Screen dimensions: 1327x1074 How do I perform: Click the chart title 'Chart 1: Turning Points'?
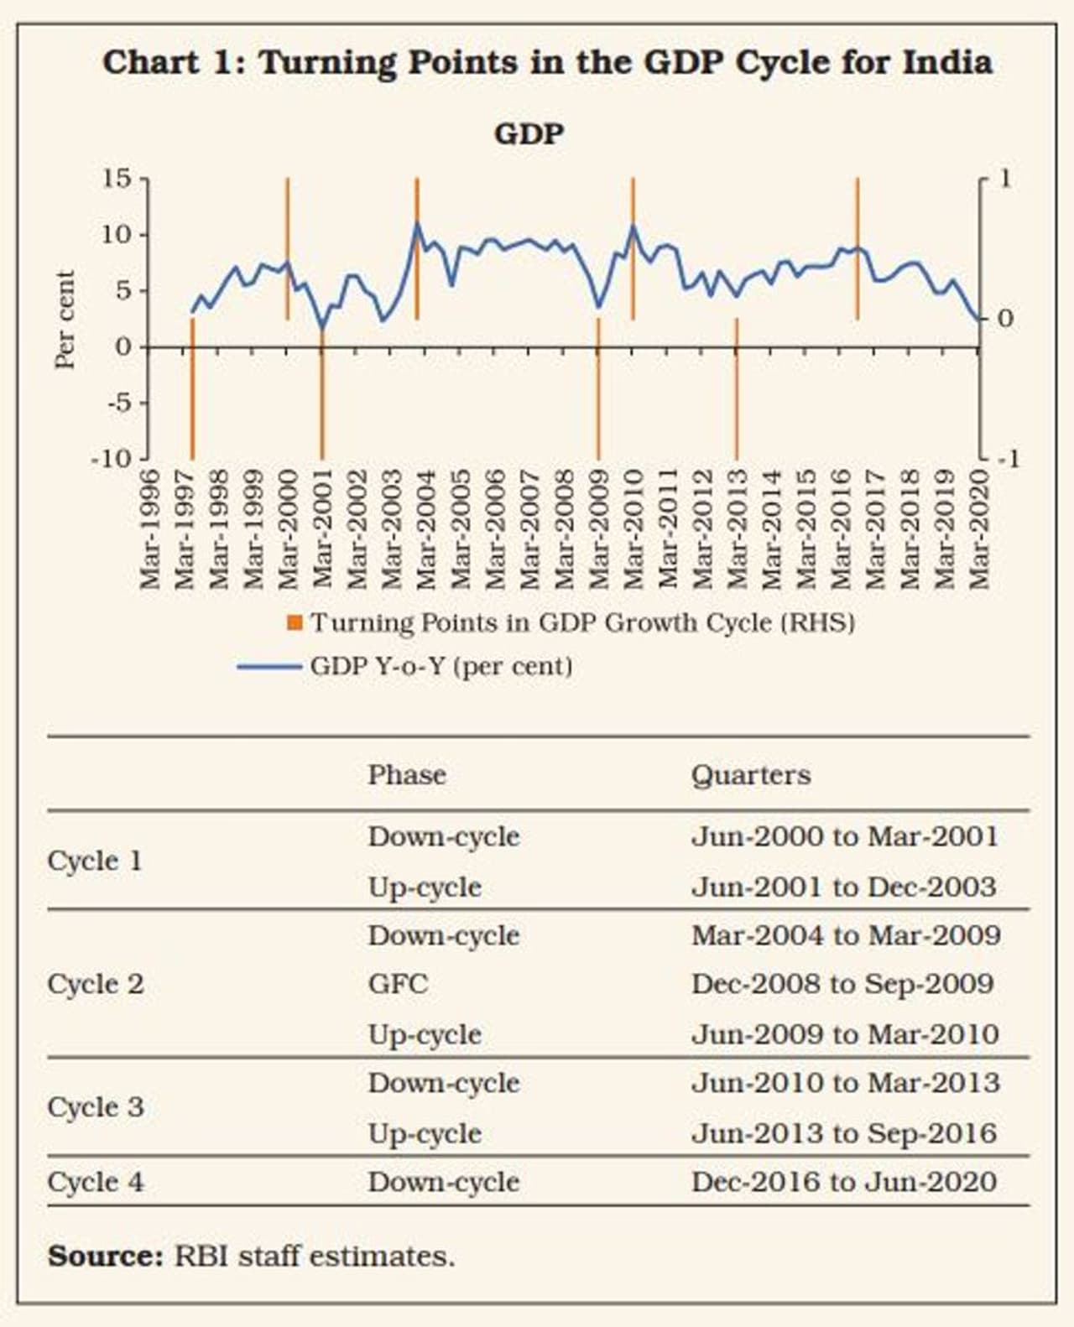point(547,63)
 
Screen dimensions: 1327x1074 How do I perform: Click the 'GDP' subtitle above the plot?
point(529,133)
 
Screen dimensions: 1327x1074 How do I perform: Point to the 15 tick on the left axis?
point(117,178)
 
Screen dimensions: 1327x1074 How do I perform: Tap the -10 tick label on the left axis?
point(111,459)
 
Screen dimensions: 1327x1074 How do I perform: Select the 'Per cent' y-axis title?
point(65,319)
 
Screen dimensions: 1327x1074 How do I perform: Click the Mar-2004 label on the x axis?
point(425,529)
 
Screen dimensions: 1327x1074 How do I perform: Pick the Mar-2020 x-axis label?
point(978,529)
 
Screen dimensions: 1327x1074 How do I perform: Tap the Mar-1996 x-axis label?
point(149,529)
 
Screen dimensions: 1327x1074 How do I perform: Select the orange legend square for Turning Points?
point(295,623)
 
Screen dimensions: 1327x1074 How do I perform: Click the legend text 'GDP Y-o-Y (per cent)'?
point(441,667)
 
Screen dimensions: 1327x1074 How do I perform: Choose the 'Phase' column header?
point(407,775)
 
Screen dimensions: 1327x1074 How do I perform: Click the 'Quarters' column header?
point(751,775)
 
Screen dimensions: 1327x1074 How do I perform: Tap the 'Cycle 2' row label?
point(96,984)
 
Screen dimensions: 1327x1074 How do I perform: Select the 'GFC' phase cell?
point(398,984)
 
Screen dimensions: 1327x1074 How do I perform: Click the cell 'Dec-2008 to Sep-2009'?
point(842,984)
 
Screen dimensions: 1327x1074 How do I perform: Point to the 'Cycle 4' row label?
point(96,1182)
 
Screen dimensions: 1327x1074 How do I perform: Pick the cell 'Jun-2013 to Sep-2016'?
point(844,1133)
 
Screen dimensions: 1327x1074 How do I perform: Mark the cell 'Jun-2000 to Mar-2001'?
point(845,836)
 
